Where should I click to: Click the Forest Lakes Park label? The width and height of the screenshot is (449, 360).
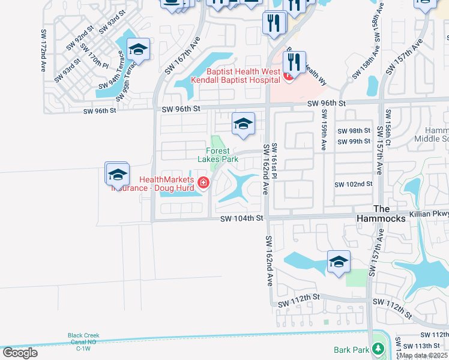[218, 155]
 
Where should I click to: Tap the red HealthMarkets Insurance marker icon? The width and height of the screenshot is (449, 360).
[203, 182]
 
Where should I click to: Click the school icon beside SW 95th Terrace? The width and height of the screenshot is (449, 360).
[137, 50]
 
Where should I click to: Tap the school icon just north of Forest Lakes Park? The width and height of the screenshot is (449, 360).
[242, 124]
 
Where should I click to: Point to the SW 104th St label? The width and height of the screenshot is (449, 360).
[242, 219]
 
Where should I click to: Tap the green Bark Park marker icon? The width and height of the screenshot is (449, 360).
[378, 349]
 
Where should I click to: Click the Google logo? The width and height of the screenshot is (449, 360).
[19, 352]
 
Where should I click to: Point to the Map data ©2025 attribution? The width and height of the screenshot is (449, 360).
[423, 355]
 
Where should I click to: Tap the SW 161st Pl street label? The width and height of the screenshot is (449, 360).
[274, 161]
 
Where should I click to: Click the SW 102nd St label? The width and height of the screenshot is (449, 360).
[354, 185]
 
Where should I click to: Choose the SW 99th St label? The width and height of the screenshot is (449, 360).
[354, 142]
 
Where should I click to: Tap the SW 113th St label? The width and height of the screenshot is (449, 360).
[422, 346]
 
